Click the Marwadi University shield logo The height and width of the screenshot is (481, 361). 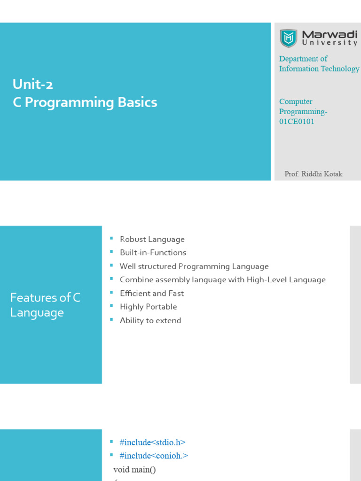click(288, 38)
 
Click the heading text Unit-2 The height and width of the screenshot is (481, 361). click(33, 84)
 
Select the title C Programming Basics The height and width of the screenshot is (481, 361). click(85, 102)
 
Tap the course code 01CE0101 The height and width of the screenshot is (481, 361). click(297, 122)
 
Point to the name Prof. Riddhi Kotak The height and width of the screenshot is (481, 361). click(314, 174)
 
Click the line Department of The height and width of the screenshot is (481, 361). click(303, 59)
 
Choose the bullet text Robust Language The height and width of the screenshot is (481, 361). click(152, 240)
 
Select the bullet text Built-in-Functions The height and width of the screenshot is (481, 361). click(153, 253)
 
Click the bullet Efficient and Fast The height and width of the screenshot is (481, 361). click(151, 294)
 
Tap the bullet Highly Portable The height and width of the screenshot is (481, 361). click(148, 307)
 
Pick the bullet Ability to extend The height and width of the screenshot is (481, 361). click(150, 320)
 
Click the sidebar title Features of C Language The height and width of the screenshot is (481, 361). click(45, 305)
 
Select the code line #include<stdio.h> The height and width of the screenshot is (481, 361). click(152, 442)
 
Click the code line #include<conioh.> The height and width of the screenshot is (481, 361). click(154, 456)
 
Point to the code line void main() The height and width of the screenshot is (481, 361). click(134, 469)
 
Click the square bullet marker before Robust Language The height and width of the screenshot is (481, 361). click(111, 239)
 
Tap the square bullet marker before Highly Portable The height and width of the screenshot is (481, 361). click(111, 306)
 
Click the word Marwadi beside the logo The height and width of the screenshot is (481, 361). click(329, 34)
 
